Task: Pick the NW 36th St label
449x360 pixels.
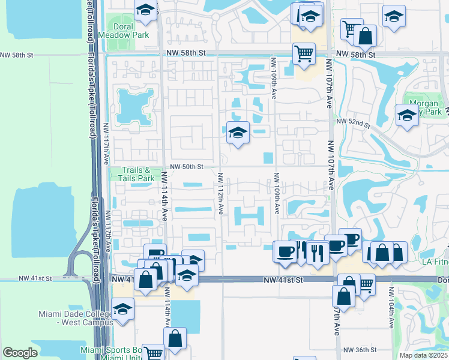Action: coord(360,350)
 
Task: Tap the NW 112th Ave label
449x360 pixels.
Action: coord(220,193)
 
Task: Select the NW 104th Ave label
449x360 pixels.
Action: coord(391,307)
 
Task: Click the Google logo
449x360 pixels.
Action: coord(20,353)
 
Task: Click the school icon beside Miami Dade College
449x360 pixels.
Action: coord(122,308)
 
